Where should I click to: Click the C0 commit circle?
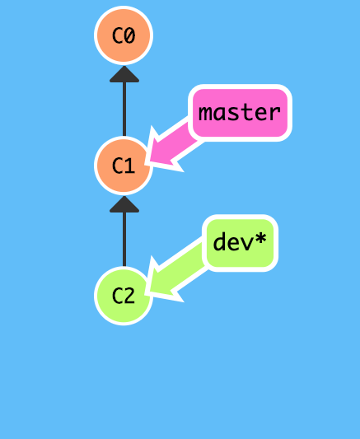124,36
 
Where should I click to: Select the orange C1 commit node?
124,166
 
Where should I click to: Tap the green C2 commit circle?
124,295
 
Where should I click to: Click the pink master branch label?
241,112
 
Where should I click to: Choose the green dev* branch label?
241,242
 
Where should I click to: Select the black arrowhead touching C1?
124,203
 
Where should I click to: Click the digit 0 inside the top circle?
130,36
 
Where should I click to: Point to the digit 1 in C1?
130,166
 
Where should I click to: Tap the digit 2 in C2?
130,295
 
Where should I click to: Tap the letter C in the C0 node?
117,36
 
